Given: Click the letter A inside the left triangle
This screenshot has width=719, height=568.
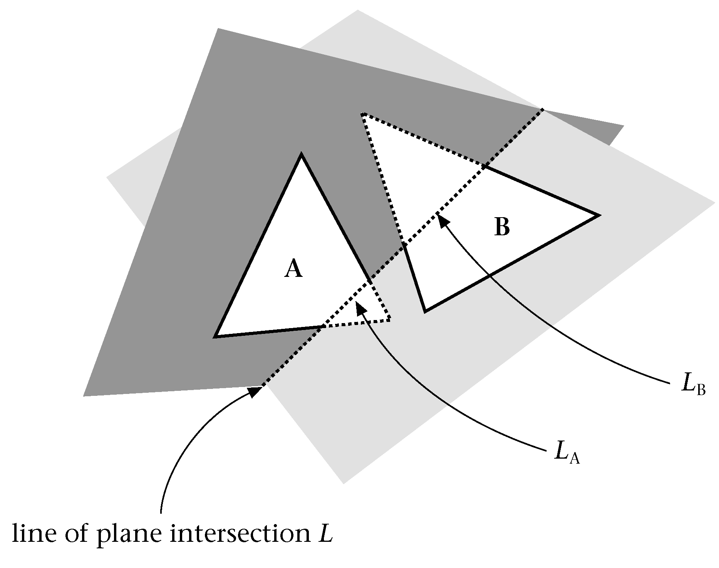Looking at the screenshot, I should point(293,268).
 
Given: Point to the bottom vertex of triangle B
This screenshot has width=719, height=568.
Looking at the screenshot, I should point(425,311).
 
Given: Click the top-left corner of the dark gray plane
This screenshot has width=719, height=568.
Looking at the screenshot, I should point(218,28).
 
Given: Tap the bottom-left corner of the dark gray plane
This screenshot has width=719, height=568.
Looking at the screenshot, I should point(84,396).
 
